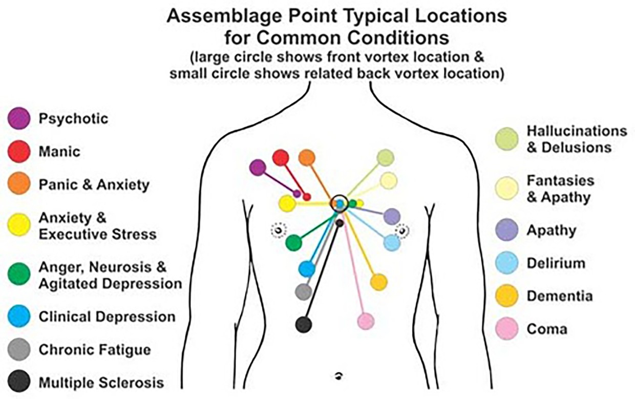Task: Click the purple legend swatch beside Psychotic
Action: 19,119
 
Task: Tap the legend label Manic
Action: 59,152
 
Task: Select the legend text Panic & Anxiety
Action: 94,185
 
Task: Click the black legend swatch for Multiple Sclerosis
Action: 19,382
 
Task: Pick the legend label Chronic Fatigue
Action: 95,350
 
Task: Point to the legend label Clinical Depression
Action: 107,317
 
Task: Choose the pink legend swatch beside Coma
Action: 507,329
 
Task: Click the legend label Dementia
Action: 560,296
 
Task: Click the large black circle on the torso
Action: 304,324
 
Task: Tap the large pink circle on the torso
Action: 366,321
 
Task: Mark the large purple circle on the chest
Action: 258,167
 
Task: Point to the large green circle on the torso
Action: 293,242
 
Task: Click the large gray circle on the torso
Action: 304,292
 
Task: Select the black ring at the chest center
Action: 339,203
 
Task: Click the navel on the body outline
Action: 338,375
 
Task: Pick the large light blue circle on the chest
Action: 392,242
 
